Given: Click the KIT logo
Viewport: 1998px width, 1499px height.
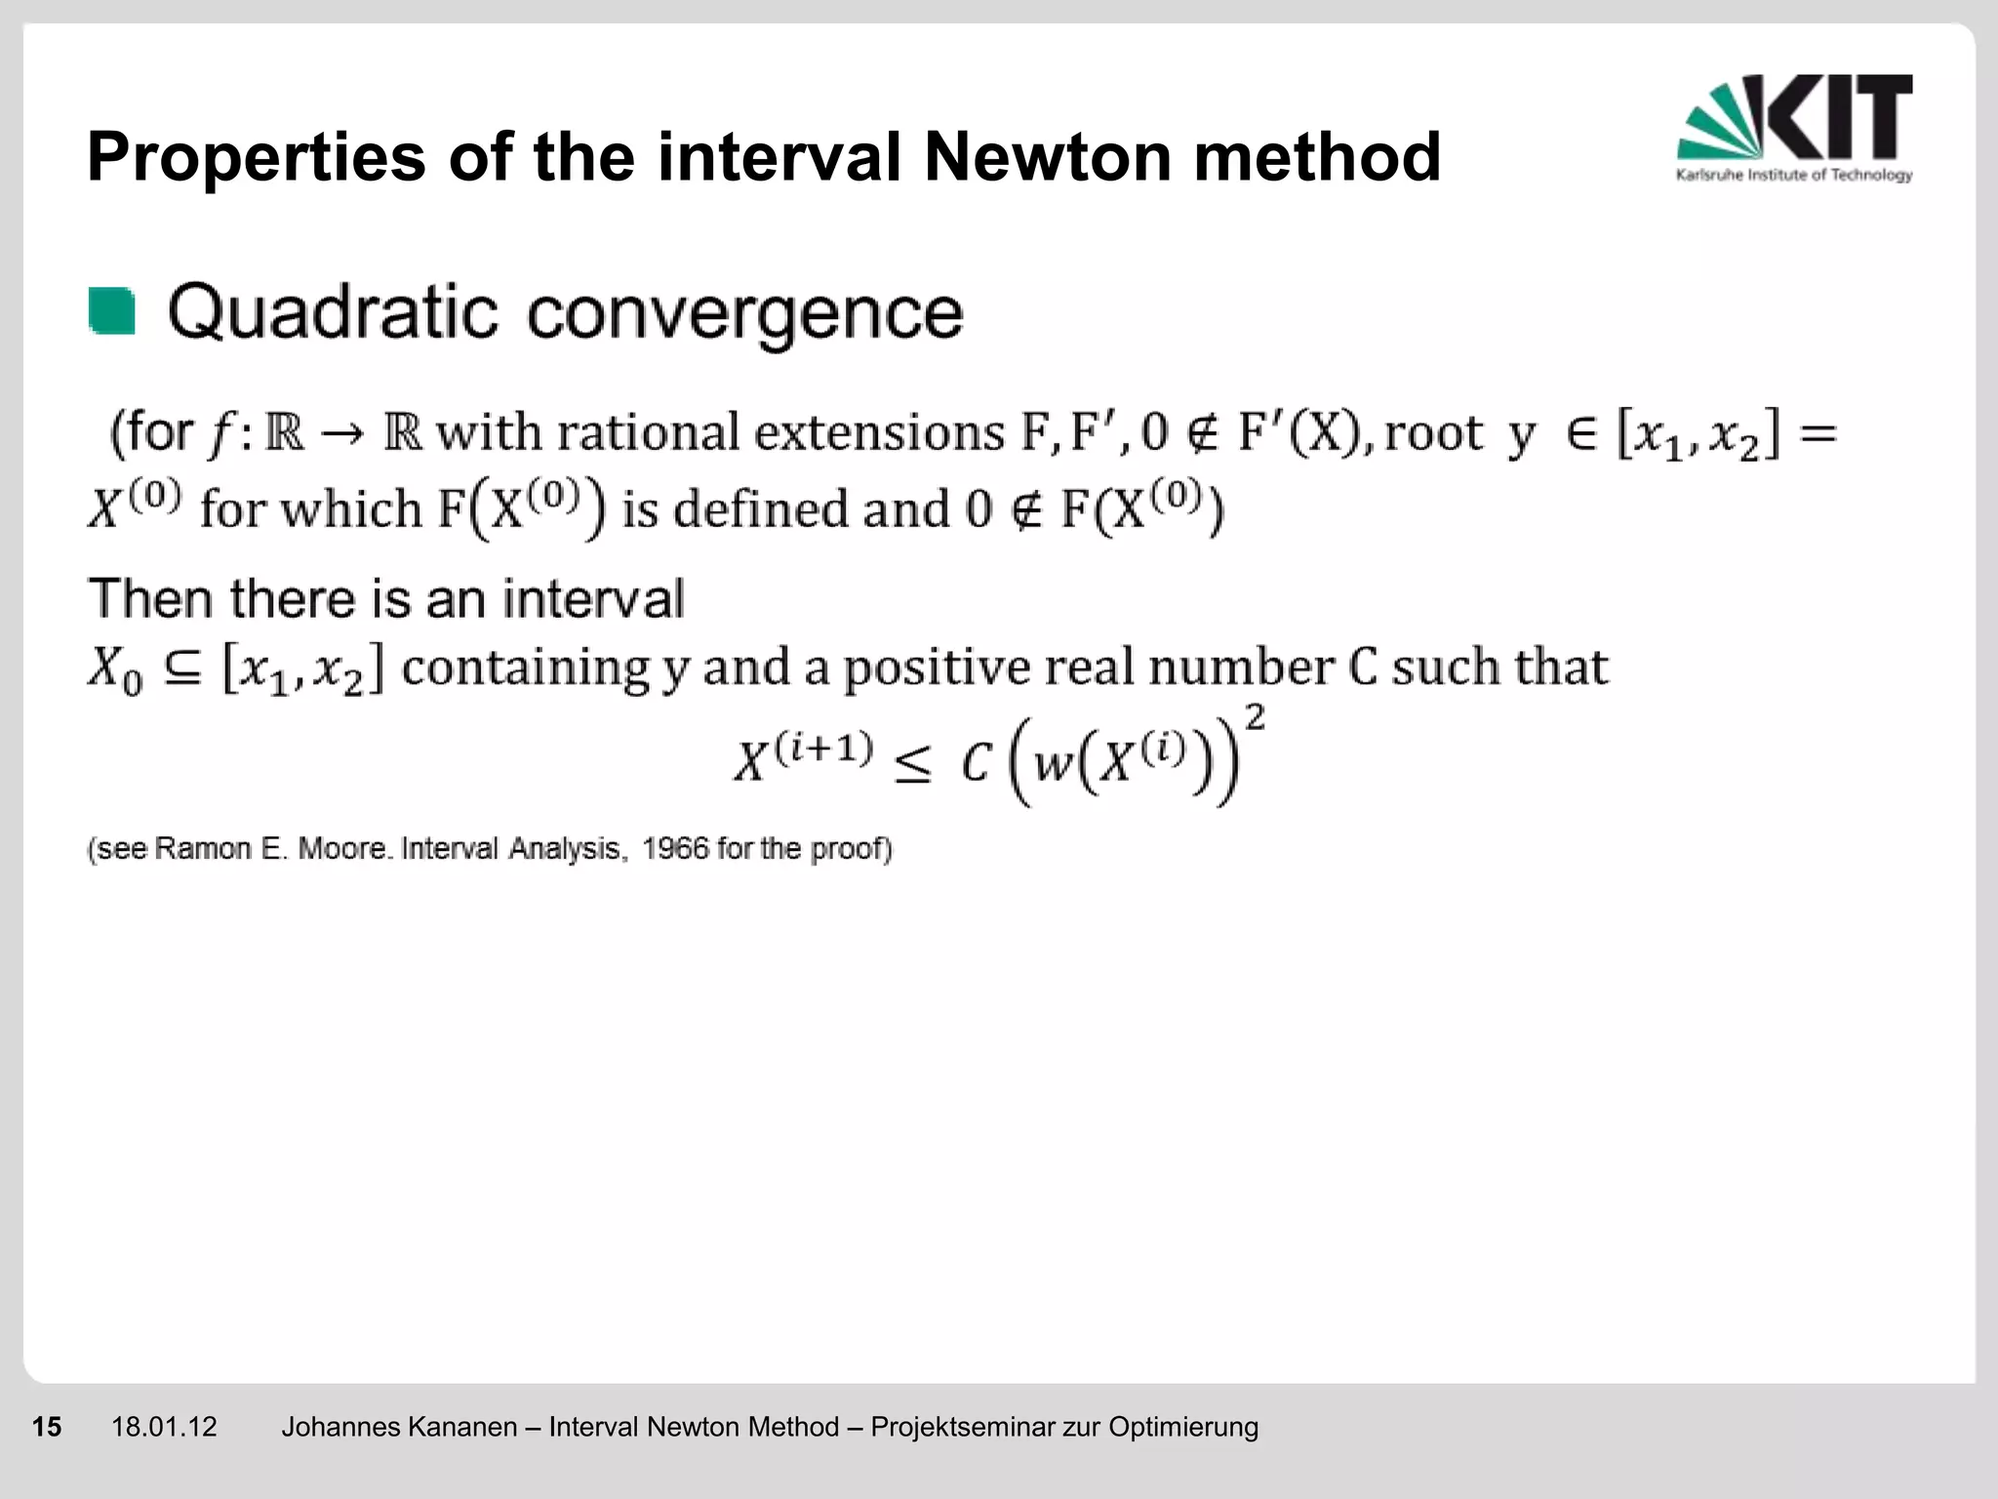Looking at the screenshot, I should coord(1794,127).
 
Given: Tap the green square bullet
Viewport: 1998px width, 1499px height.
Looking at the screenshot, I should coord(111,311).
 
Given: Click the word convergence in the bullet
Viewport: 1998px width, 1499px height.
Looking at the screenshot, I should coord(745,314).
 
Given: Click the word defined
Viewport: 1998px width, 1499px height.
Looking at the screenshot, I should coord(761,509).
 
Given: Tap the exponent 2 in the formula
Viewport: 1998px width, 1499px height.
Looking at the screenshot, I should coord(1256,719).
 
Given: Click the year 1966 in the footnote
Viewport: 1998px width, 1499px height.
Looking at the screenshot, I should coord(675,849).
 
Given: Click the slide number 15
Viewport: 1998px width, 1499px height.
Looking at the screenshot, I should coord(47,1427).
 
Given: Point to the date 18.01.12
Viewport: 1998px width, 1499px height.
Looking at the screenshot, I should coord(164,1427).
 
